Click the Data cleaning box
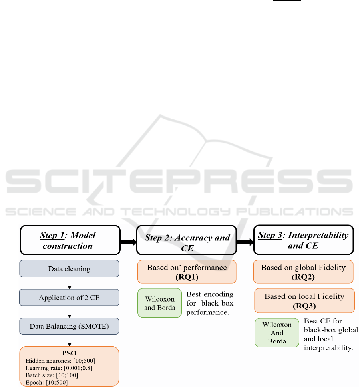pos(69,268)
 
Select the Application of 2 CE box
pos(69,298)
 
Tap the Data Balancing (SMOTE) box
pos(69,326)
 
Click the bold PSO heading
pos(69,353)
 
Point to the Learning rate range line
pos(59,368)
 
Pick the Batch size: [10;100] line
pos(52,375)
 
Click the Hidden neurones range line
pos(60,361)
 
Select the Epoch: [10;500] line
pos(46,383)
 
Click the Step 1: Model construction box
pos(70,240)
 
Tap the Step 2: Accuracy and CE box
pos(187,240)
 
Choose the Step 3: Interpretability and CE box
pos(303,240)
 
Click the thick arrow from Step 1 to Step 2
pos(128,242)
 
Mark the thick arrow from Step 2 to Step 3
pos(245,242)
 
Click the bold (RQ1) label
pos(187,277)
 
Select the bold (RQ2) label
pos(303,277)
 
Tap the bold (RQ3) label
pos(304,306)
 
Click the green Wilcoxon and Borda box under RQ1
pos(160,303)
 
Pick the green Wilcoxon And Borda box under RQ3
pos(277,333)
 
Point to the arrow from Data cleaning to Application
pos(70,283)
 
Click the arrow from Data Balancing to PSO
pos(70,340)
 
